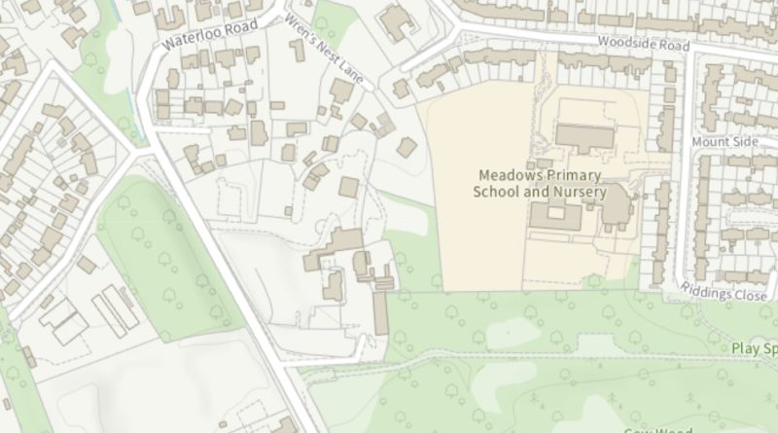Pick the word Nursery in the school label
tap(579, 192)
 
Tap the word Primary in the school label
tap(571, 175)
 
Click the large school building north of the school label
tap(584, 137)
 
